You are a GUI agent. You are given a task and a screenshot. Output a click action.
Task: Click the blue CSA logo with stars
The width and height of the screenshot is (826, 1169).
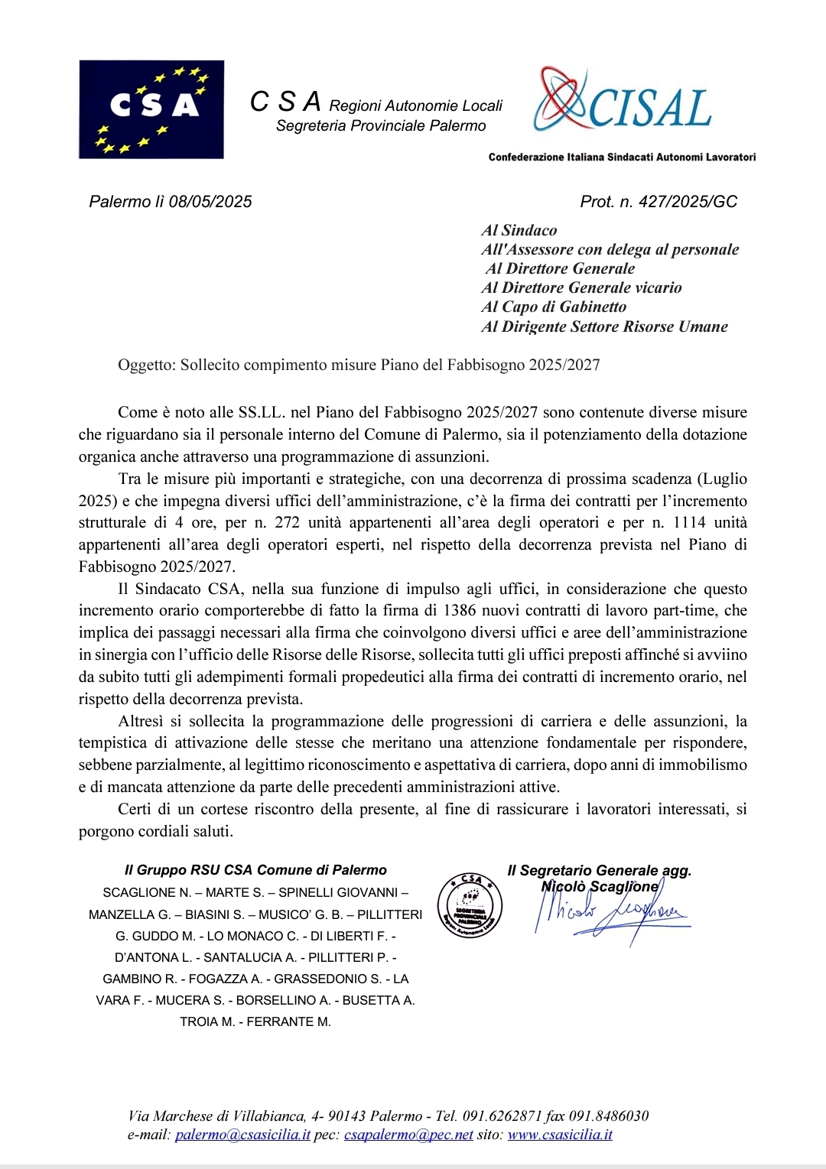(x=151, y=109)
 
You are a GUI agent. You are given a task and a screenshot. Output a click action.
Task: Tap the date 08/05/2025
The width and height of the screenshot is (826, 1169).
(x=210, y=202)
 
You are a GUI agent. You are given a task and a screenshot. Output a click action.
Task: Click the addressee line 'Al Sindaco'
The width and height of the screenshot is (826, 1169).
(x=519, y=230)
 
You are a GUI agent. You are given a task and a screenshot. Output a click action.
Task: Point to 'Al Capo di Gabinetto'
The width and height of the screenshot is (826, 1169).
(x=554, y=307)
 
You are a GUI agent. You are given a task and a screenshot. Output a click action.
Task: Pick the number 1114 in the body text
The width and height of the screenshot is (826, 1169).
(x=689, y=523)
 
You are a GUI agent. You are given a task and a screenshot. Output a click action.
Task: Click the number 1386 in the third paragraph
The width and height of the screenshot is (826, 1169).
(x=460, y=611)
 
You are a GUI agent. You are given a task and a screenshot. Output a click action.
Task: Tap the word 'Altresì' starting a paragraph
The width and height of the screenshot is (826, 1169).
(x=141, y=721)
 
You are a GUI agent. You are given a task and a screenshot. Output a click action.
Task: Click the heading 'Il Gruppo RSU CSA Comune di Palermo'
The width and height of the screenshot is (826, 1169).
(x=255, y=870)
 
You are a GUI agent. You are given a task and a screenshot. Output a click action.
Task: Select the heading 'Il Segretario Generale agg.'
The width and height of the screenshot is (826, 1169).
(x=600, y=870)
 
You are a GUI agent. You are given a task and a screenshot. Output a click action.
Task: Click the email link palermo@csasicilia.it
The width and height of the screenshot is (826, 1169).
(x=242, y=1135)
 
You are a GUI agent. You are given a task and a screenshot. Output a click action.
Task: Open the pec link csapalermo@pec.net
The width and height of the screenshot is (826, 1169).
(x=408, y=1135)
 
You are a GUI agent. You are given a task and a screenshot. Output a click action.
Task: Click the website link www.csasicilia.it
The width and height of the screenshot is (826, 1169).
(x=560, y=1135)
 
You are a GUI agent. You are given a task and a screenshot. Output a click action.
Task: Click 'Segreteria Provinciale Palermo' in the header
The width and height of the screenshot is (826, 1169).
(x=381, y=126)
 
